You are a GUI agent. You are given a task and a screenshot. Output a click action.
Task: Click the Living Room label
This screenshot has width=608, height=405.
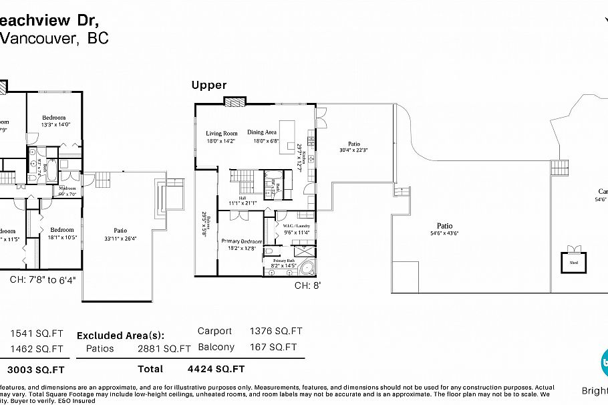221,133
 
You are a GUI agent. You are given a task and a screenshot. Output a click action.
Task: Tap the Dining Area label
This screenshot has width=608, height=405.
262,132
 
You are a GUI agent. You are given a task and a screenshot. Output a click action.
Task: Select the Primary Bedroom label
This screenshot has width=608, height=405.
242,241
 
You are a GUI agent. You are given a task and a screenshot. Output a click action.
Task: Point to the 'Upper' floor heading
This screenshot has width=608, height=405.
209,85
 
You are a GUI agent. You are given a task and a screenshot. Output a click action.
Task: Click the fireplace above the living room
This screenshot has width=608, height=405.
234,102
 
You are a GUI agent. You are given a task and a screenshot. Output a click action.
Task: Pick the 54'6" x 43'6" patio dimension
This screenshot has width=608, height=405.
444,233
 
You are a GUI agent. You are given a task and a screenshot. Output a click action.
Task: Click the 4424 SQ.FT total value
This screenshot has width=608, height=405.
216,368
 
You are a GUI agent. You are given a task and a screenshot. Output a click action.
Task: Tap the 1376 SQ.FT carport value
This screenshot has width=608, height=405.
276,331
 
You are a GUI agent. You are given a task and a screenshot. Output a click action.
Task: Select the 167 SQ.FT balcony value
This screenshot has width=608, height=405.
273,347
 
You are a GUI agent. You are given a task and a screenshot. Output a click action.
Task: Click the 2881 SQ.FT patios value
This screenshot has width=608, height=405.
164,348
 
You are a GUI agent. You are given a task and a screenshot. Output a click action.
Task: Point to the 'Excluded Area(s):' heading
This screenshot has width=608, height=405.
120,335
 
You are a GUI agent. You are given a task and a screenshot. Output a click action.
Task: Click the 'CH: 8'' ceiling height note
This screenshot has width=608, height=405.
308,285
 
